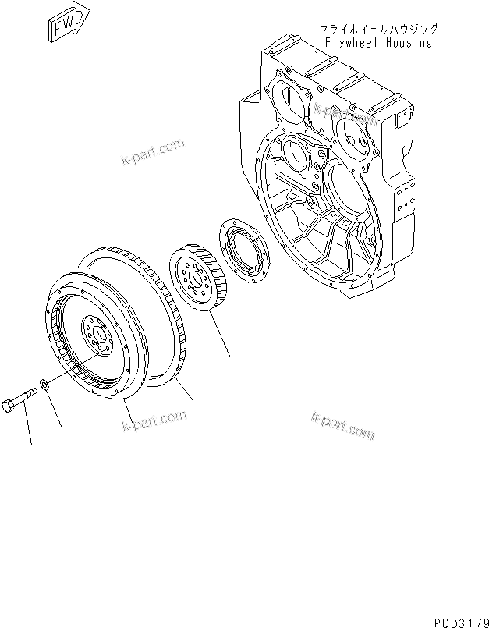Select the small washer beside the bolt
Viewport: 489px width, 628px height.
click(46, 385)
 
